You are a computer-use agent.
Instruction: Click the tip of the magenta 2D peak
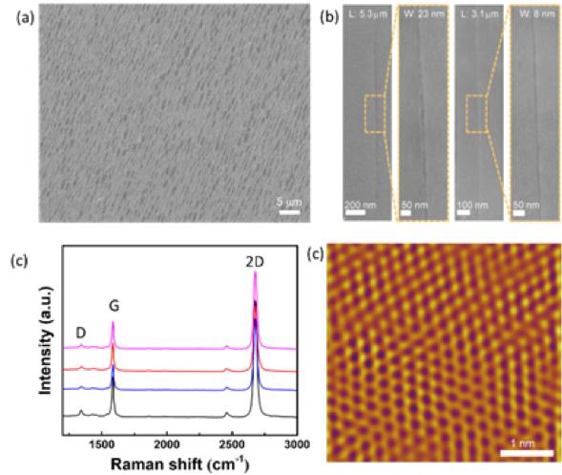point(255,274)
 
